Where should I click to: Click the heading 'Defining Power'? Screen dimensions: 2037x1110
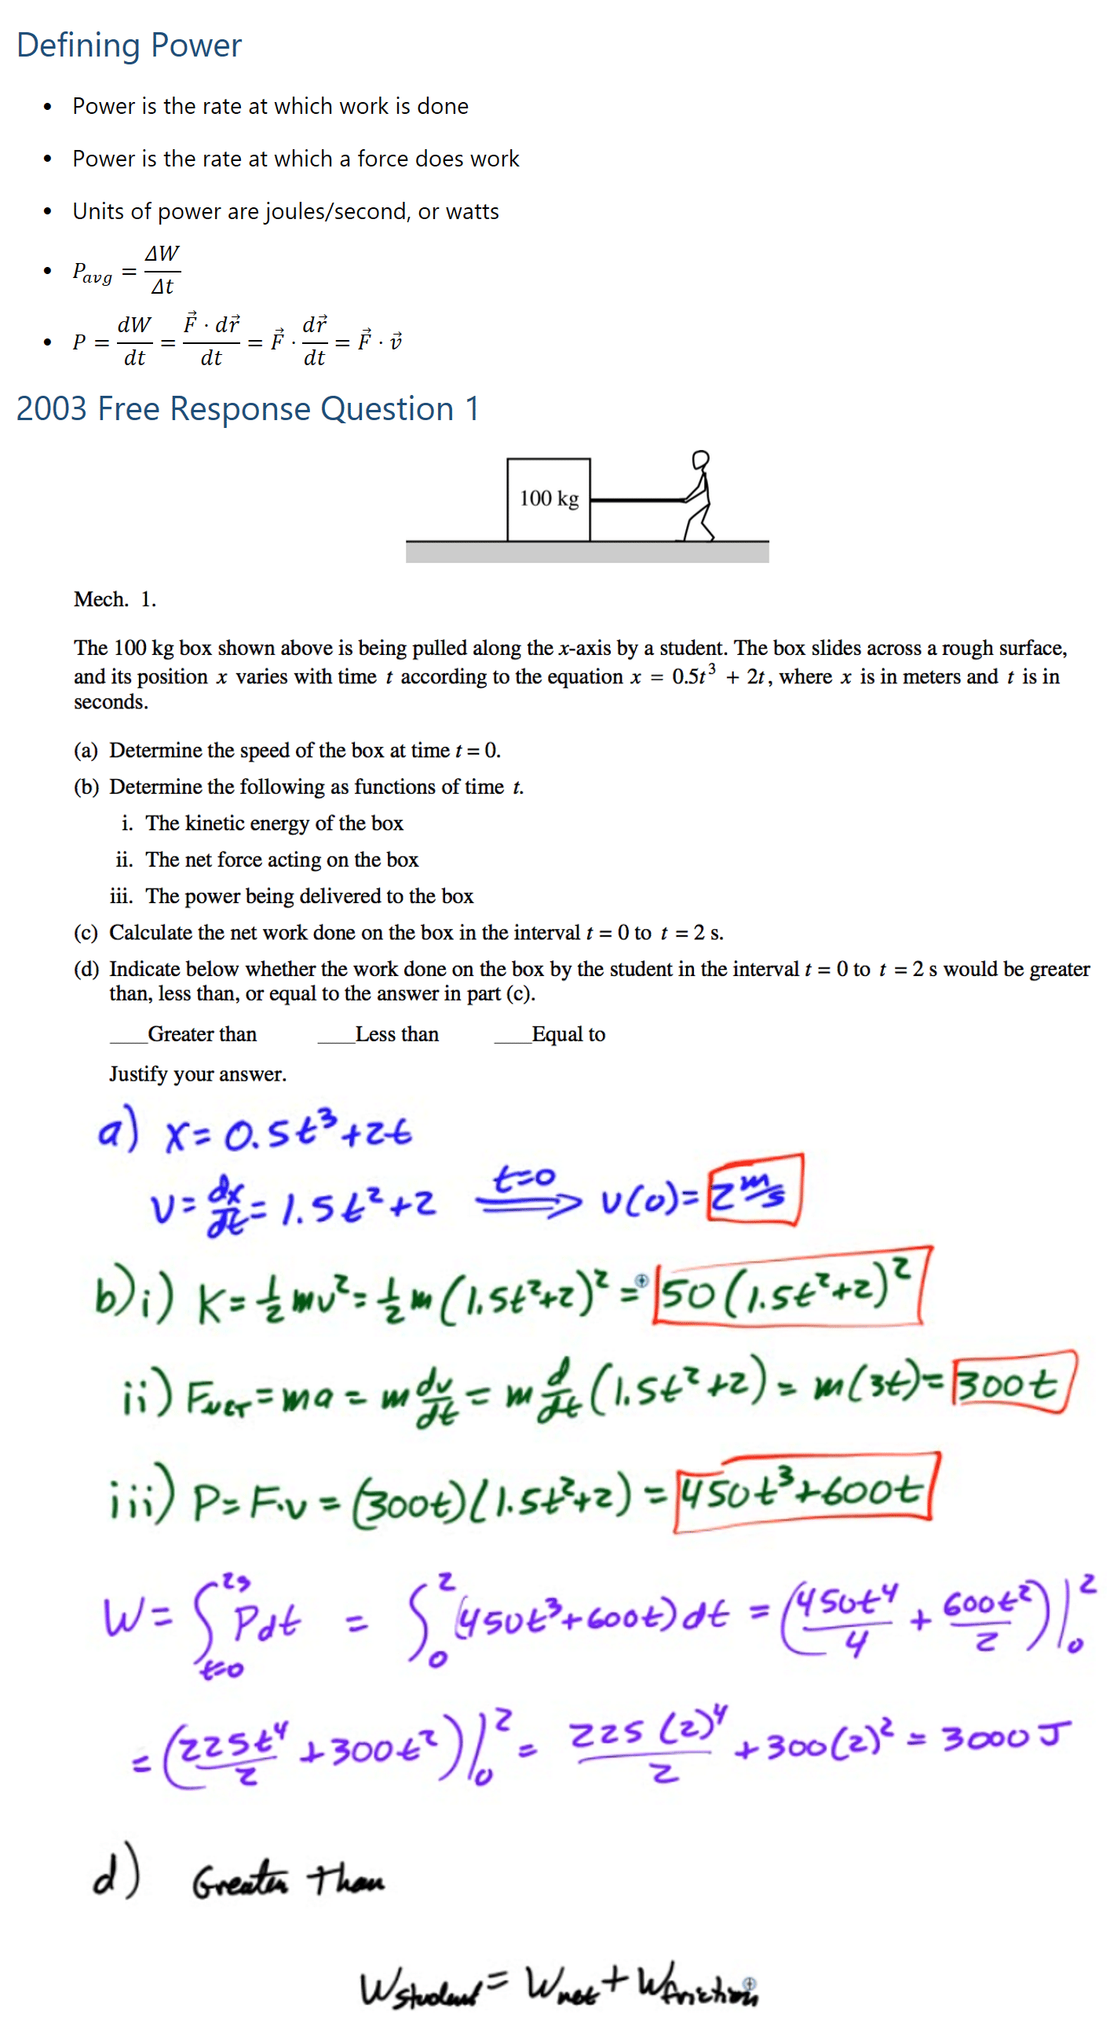tap(129, 45)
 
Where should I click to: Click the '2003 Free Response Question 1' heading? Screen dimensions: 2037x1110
tap(247, 409)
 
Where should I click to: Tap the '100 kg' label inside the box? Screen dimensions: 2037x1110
tap(549, 498)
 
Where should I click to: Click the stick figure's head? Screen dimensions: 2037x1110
tap(700, 459)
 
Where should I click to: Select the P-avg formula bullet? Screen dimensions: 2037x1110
tap(126, 271)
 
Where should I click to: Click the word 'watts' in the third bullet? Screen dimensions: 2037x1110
tap(472, 212)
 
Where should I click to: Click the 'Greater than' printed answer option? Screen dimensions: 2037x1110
tap(202, 1034)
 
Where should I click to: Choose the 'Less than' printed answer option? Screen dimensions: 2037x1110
tap(396, 1034)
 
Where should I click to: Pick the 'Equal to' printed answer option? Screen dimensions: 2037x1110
tap(568, 1034)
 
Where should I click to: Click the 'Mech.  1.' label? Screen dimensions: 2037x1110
tap(115, 599)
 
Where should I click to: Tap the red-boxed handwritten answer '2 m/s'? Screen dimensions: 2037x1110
tap(754, 1190)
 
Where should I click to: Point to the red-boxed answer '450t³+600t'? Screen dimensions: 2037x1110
tap(802, 1491)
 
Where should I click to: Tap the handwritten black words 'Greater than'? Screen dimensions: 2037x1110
tap(288, 1879)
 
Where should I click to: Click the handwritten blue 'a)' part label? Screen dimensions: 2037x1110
tap(117, 1131)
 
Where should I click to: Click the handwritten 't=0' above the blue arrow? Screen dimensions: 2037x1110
tap(524, 1177)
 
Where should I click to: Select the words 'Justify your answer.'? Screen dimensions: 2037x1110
tap(198, 1073)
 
